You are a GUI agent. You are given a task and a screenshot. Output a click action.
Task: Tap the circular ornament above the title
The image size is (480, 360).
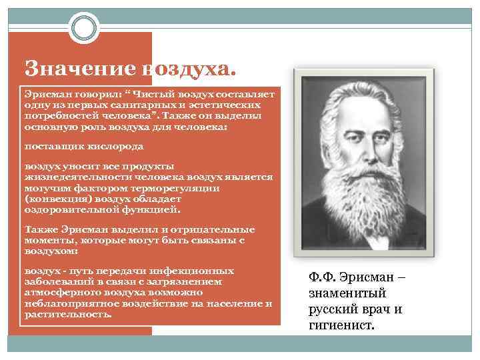click(84, 27)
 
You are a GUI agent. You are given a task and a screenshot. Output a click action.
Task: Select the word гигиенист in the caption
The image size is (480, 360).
click(341, 326)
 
